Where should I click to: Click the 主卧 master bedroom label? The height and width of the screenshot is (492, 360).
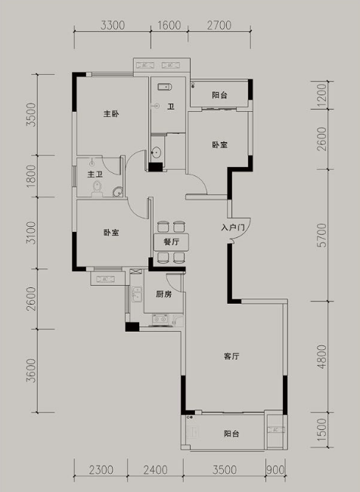[111, 113]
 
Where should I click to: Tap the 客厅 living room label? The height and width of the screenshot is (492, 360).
[231, 356]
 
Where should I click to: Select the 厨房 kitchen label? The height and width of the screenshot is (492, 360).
[163, 294]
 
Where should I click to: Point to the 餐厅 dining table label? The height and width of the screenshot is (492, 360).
[171, 242]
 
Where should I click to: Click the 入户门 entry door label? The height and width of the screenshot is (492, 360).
[233, 227]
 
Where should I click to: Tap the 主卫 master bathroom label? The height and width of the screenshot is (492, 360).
[95, 174]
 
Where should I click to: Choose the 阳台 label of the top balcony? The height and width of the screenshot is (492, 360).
[219, 95]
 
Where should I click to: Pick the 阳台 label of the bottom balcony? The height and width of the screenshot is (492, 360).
[231, 434]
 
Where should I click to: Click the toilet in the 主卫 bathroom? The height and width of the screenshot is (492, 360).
[98, 188]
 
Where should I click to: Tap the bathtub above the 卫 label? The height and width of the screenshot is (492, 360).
[164, 87]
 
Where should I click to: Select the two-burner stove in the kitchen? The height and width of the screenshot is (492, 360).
[160, 320]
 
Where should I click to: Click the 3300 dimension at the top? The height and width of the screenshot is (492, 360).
[113, 25]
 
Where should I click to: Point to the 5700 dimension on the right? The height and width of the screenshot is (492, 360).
[322, 235]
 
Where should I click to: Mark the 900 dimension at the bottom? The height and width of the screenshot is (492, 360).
[276, 470]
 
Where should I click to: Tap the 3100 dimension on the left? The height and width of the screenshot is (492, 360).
[32, 233]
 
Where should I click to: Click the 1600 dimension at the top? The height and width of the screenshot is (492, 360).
[169, 25]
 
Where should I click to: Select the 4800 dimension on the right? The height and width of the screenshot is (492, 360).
[322, 357]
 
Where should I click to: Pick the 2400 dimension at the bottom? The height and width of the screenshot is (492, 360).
[156, 470]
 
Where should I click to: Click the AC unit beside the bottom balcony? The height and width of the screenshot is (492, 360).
[276, 430]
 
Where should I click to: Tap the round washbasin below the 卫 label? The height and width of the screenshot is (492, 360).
[156, 153]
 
